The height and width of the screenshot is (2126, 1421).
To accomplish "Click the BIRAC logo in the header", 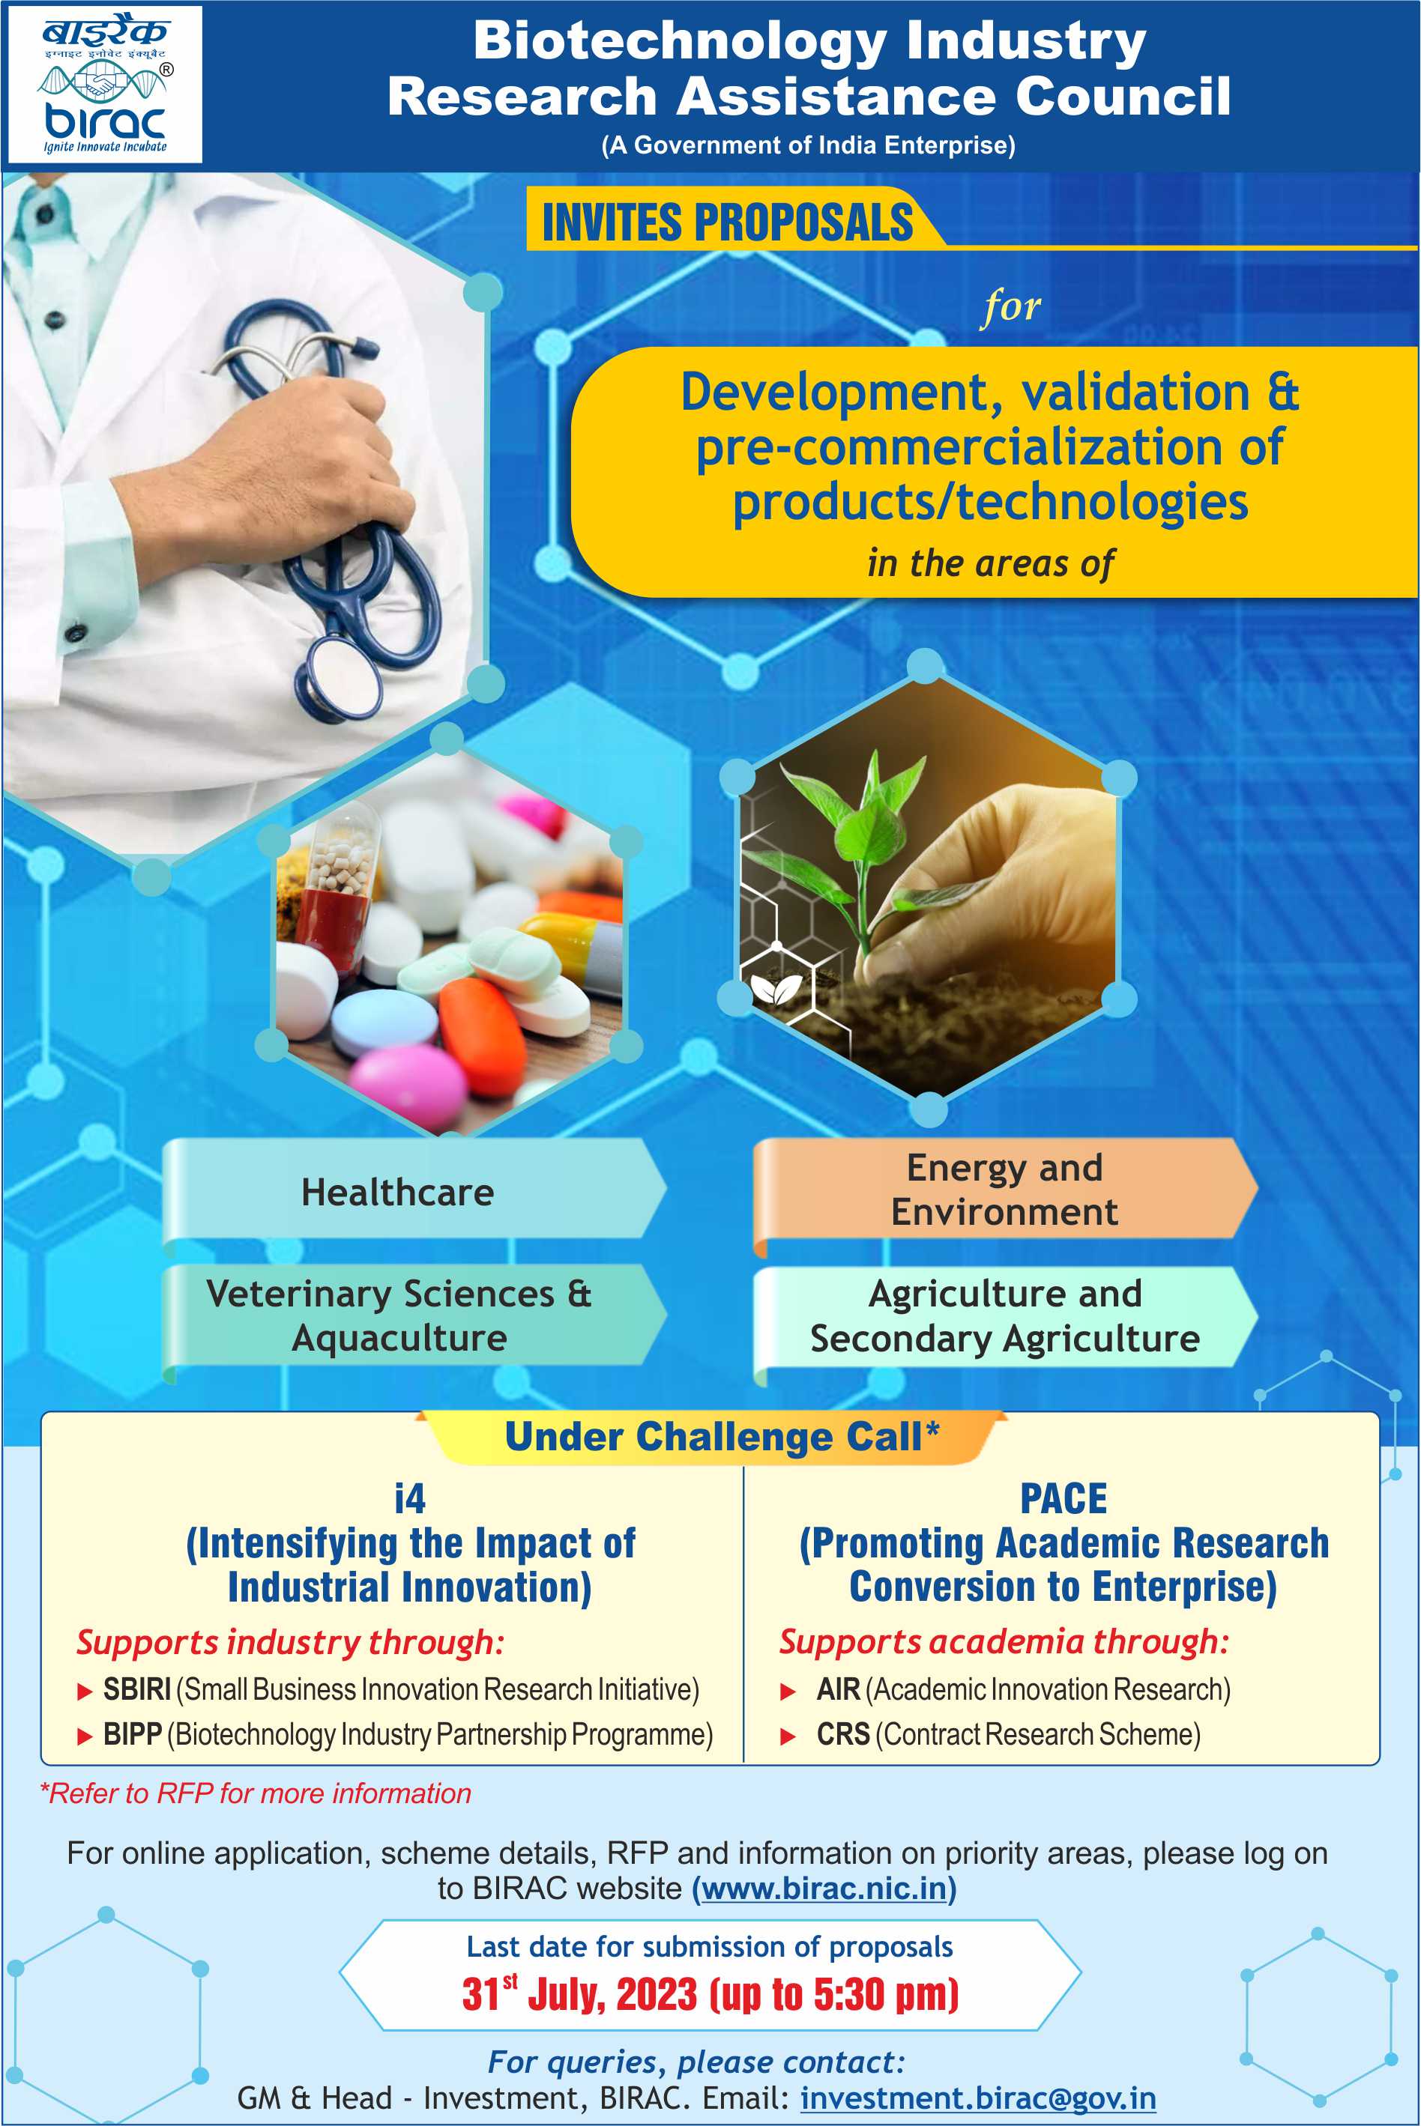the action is (x=105, y=84).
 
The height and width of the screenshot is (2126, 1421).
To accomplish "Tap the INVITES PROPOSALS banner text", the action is (x=727, y=222).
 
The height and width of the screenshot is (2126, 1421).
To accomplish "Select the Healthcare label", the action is (x=398, y=1192).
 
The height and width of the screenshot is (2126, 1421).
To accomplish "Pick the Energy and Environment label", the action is (x=1004, y=1190).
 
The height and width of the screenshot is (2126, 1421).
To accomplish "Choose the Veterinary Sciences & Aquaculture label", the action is (x=399, y=1315).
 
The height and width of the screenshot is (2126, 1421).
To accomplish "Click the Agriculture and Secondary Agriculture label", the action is (x=1005, y=1316).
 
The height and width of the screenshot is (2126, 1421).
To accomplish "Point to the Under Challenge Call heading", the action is (x=722, y=1437).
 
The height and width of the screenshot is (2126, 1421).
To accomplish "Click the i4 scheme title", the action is (x=410, y=1499).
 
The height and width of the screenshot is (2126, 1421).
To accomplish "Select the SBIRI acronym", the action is (x=137, y=1689).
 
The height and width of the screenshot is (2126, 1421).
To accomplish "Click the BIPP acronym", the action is (x=133, y=1733).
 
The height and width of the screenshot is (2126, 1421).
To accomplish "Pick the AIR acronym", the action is (x=838, y=1689).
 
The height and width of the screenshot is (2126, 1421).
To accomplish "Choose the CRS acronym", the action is (x=843, y=1733).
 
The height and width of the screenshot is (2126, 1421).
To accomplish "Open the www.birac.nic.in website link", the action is (x=824, y=1889).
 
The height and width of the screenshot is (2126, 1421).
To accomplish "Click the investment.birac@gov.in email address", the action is (x=978, y=2098).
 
